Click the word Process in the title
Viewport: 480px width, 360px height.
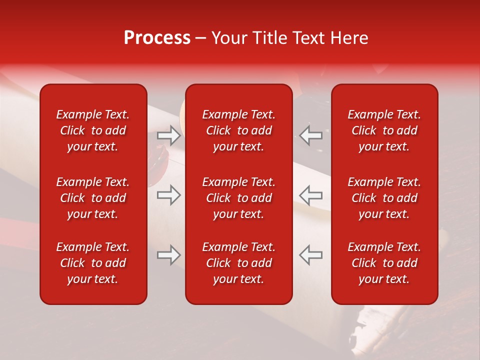(x=157, y=38)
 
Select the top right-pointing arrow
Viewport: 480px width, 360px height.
(x=169, y=135)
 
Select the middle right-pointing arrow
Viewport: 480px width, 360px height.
(x=169, y=195)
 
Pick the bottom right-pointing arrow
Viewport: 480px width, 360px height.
(x=169, y=255)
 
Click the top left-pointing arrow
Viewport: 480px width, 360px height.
(x=311, y=135)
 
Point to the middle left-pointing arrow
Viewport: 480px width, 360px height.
(x=311, y=195)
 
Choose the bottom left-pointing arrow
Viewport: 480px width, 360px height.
(x=311, y=255)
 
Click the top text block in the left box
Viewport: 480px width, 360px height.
(x=93, y=130)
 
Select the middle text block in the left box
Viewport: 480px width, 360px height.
(x=93, y=198)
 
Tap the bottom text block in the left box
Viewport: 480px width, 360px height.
(x=93, y=263)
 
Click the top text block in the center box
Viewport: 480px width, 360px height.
(x=239, y=130)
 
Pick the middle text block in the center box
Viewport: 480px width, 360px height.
(x=239, y=198)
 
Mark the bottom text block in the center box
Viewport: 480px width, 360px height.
(x=239, y=263)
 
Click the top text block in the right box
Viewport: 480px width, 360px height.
(x=384, y=130)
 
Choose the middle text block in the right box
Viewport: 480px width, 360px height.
(x=384, y=198)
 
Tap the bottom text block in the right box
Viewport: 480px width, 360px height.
(x=384, y=263)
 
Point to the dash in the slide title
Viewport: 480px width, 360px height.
(x=201, y=38)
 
